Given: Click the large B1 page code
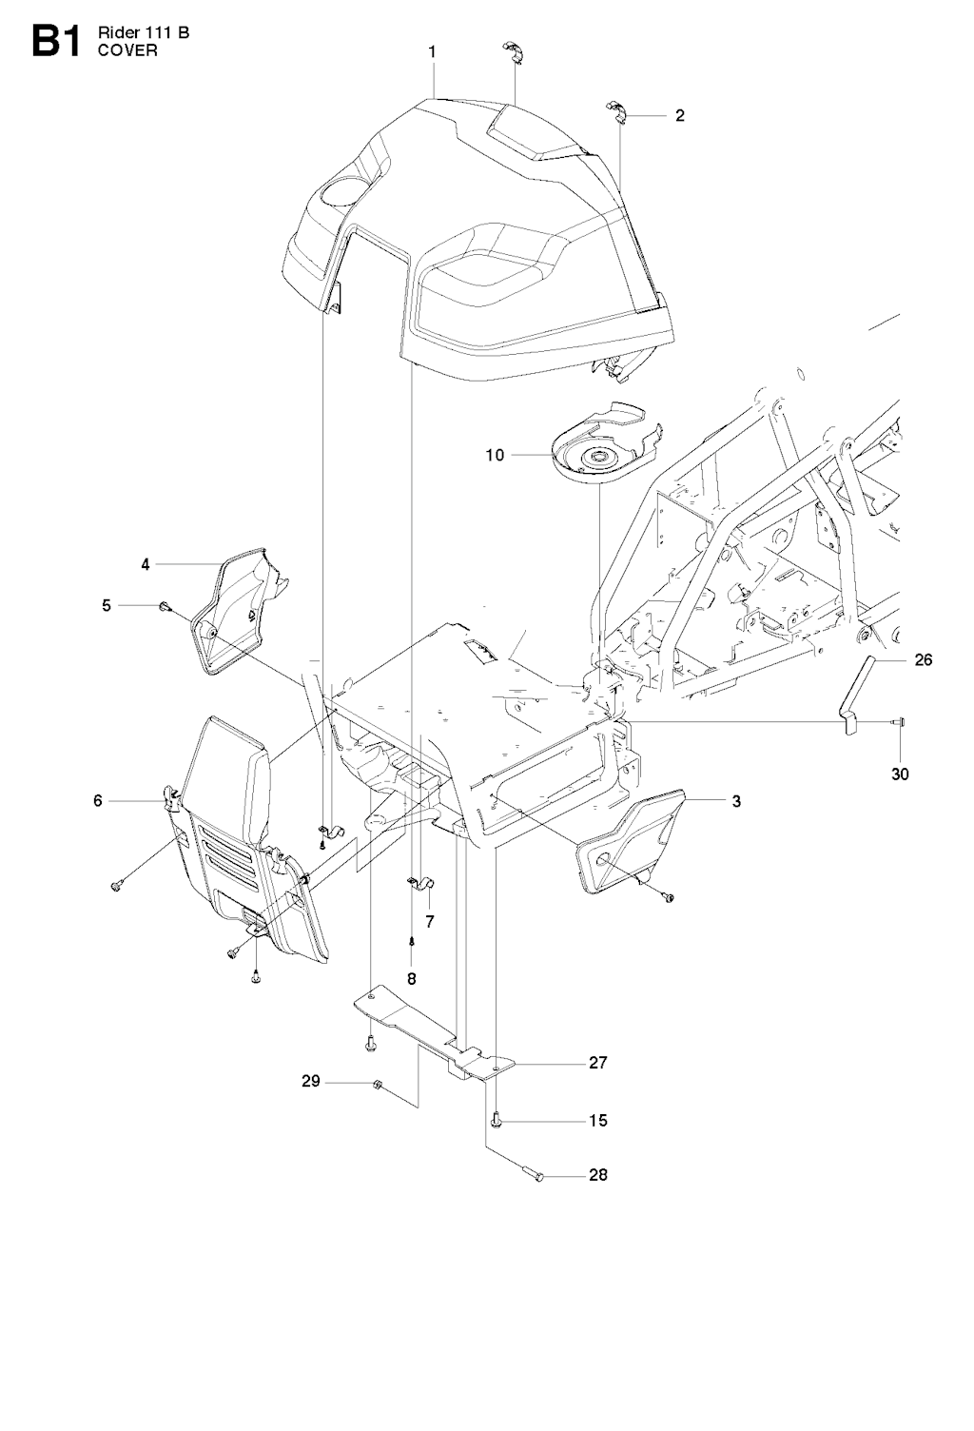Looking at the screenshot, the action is point(56,42).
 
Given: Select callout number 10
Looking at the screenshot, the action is point(495,455).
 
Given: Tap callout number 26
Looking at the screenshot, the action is point(924,659).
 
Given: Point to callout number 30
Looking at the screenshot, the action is point(900,774).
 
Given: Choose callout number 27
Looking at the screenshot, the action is point(598,1063).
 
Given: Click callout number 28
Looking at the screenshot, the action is point(598,1175).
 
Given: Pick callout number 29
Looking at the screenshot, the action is point(311,1082).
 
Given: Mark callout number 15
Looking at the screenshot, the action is point(598,1120).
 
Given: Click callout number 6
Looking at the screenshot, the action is point(98,800).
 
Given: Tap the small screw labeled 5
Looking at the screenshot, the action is point(165,606).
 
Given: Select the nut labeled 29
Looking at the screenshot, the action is point(377,1084).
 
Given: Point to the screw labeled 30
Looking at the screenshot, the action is point(900,722).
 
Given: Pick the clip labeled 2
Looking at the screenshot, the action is point(617,109).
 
